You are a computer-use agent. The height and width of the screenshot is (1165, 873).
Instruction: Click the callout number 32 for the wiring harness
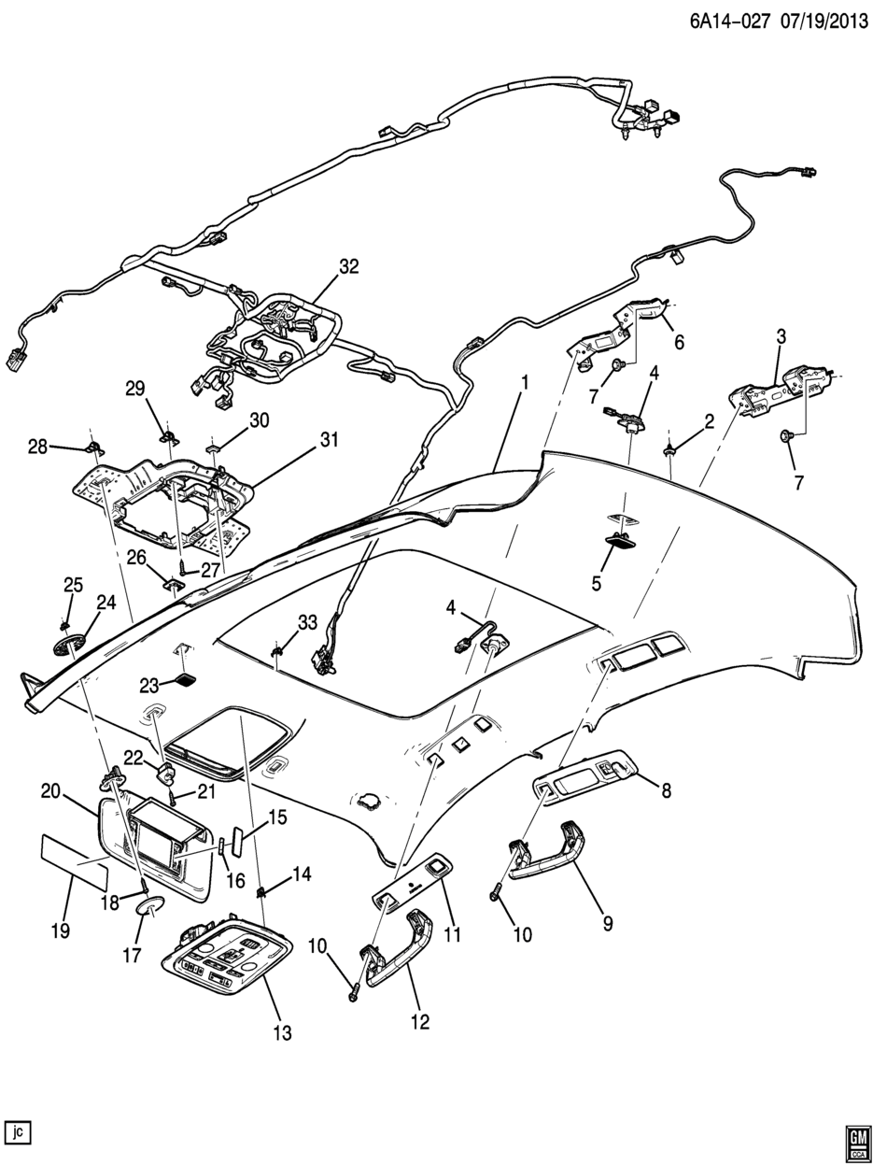click(x=349, y=266)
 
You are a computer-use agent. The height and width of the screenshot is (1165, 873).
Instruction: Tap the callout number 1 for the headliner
click(x=525, y=382)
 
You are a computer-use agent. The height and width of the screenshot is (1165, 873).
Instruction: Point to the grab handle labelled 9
click(x=546, y=848)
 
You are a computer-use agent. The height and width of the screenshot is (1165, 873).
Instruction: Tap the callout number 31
click(x=329, y=440)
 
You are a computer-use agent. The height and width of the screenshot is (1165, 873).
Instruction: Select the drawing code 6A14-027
click(x=729, y=22)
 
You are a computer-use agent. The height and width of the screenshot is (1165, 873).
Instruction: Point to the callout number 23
click(x=149, y=686)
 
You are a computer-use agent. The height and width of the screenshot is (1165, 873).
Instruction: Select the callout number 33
click(x=307, y=621)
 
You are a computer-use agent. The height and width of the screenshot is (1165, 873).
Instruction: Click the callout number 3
click(x=781, y=336)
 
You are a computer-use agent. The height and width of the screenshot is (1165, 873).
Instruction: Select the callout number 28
click(x=37, y=447)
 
